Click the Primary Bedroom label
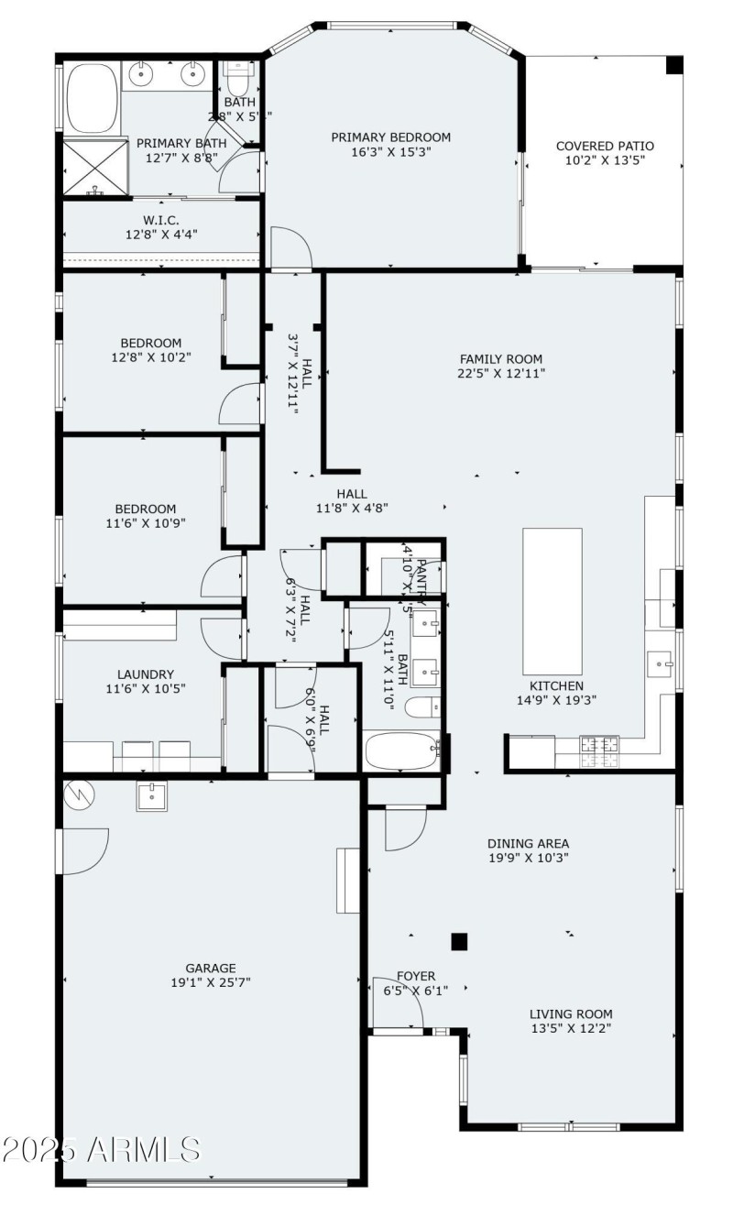(x=390, y=137)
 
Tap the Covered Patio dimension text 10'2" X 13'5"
(x=605, y=160)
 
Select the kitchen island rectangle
(x=552, y=600)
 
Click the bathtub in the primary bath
(x=92, y=98)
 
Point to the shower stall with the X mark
(x=92, y=167)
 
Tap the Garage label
(x=211, y=968)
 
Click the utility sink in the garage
(x=152, y=796)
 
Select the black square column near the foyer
(x=459, y=941)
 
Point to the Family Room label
(x=500, y=359)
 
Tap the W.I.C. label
(x=160, y=220)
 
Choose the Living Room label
(x=571, y=1013)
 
